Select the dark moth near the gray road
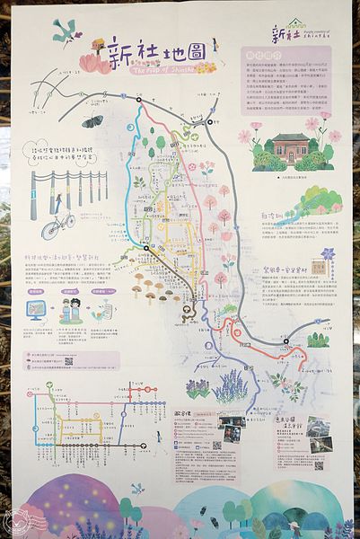[92, 120]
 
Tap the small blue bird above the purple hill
[137, 489]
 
